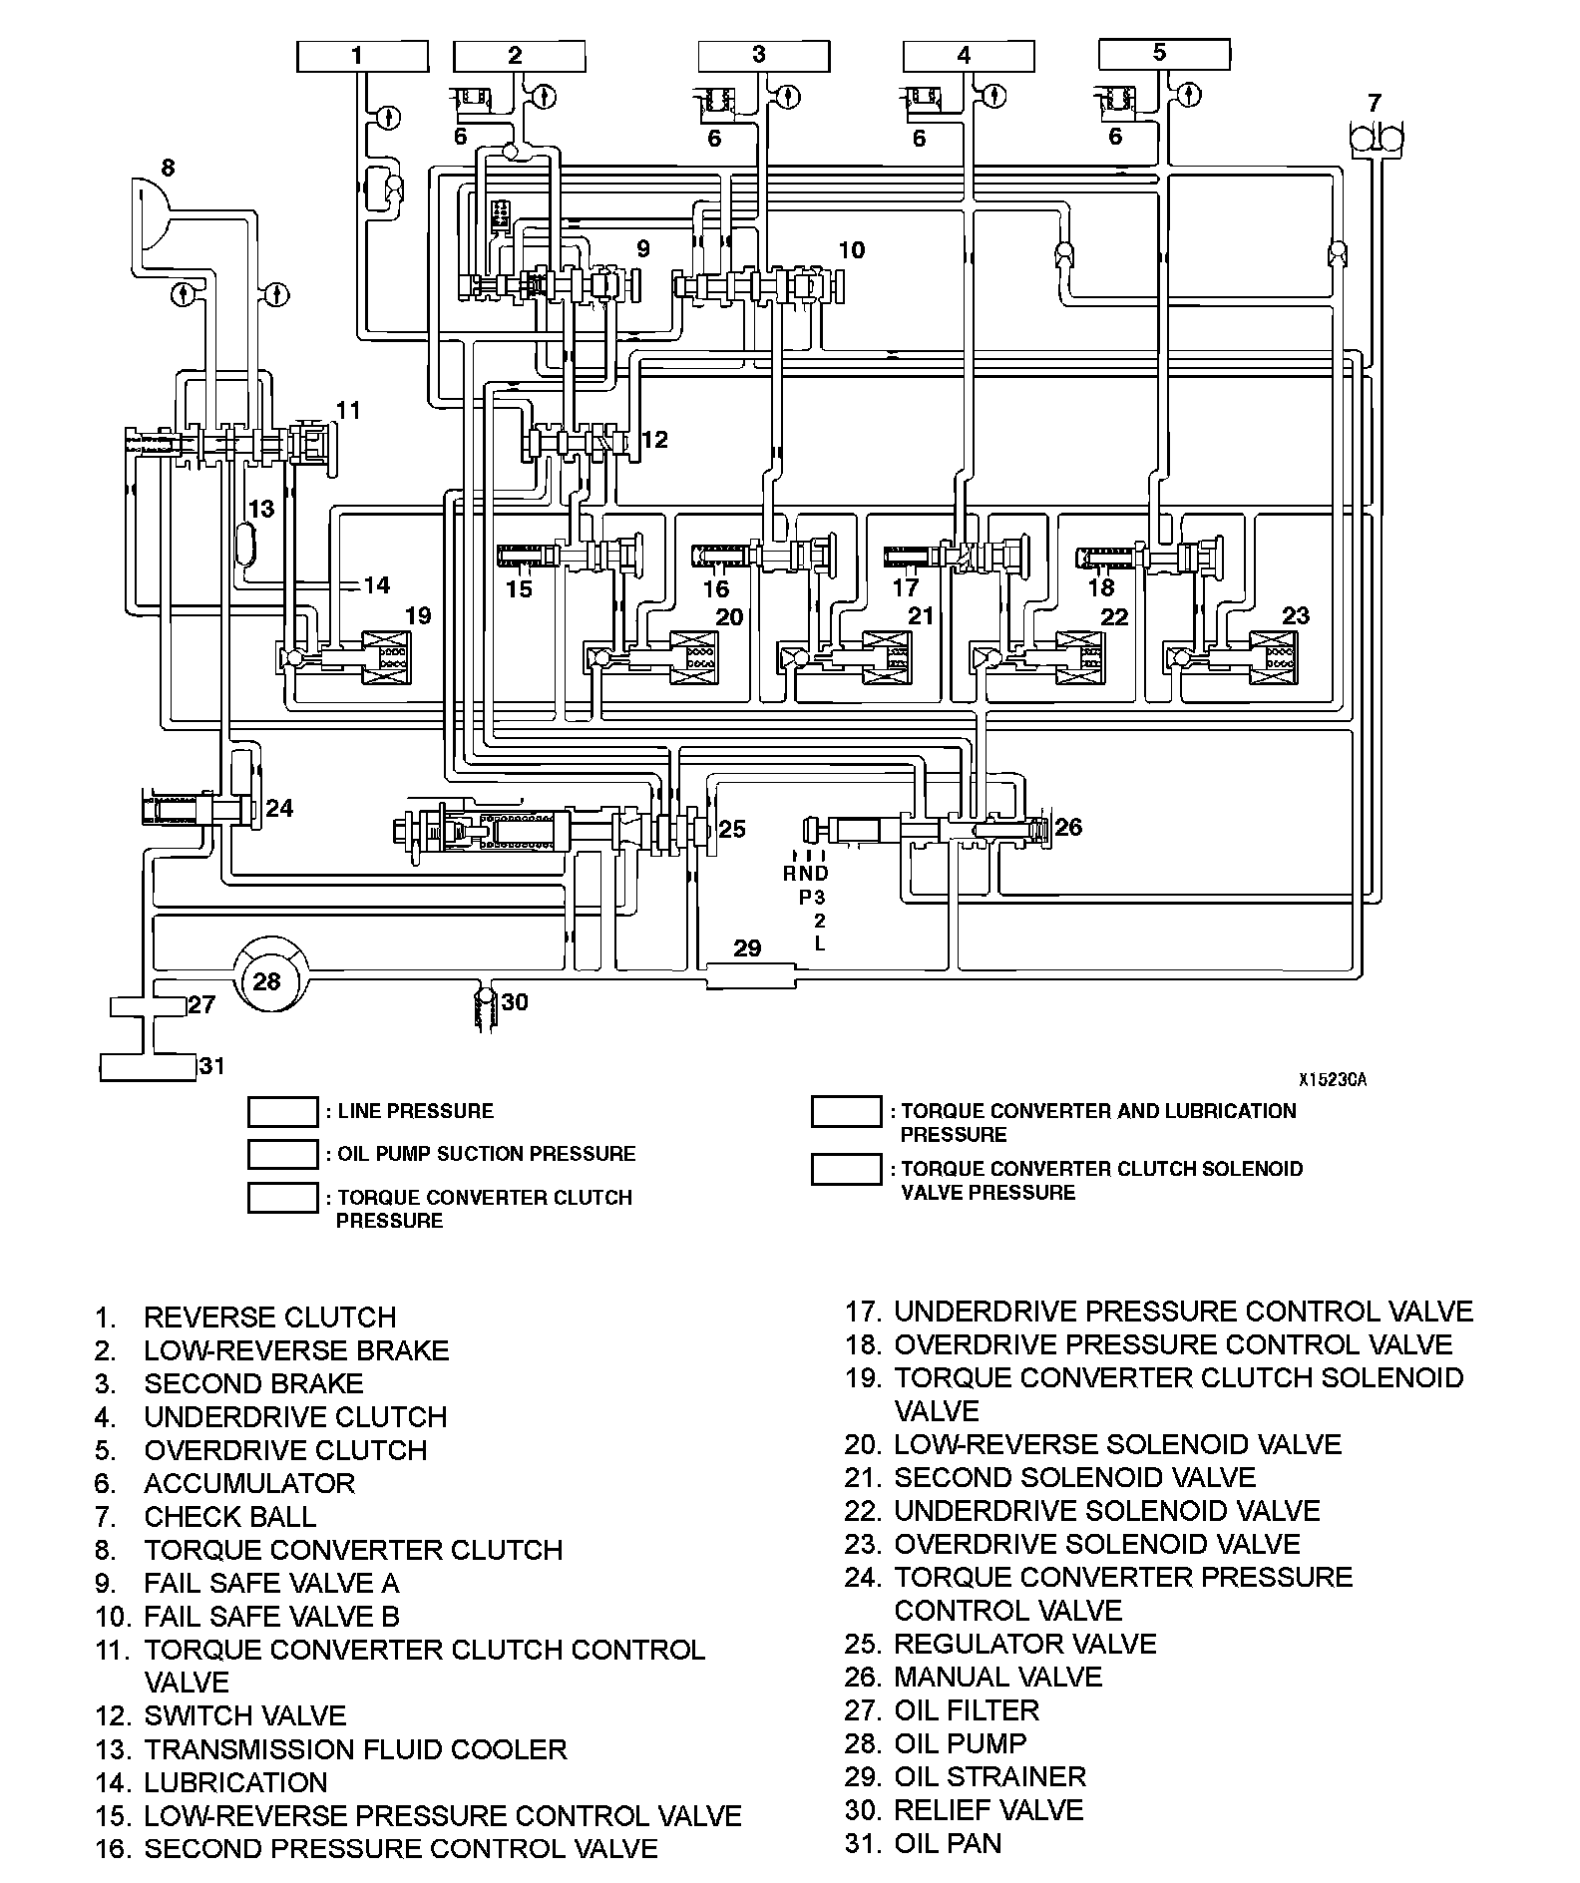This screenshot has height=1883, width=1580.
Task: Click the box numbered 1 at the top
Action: click(x=361, y=57)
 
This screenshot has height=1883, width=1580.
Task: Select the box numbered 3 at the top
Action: click(x=763, y=57)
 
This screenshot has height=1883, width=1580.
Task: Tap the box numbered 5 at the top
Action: click(x=1164, y=54)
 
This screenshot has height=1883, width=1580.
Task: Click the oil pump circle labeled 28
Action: click(x=268, y=981)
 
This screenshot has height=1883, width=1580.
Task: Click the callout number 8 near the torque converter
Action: click(x=168, y=167)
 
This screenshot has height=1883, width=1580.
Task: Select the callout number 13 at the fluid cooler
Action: click(x=260, y=510)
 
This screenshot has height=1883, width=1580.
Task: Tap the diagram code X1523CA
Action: click(x=1332, y=1079)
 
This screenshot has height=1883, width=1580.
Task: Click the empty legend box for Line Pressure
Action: click(x=282, y=1111)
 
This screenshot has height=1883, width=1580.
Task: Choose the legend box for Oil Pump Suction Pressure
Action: click(x=282, y=1154)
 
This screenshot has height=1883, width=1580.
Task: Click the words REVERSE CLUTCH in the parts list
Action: click(x=270, y=1317)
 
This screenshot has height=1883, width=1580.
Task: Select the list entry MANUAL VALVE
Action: click(x=997, y=1677)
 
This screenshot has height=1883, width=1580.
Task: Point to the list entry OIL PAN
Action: click(x=948, y=1843)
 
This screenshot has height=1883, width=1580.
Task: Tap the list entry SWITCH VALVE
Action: click(x=244, y=1715)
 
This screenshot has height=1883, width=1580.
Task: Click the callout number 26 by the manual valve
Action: click(x=1068, y=827)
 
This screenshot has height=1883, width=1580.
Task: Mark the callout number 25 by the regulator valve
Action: click(x=732, y=829)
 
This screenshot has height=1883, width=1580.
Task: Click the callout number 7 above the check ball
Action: click(x=1375, y=103)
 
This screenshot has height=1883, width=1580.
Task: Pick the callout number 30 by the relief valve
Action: click(x=515, y=1001)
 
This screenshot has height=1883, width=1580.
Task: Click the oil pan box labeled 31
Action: click(x=148, y=1067)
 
